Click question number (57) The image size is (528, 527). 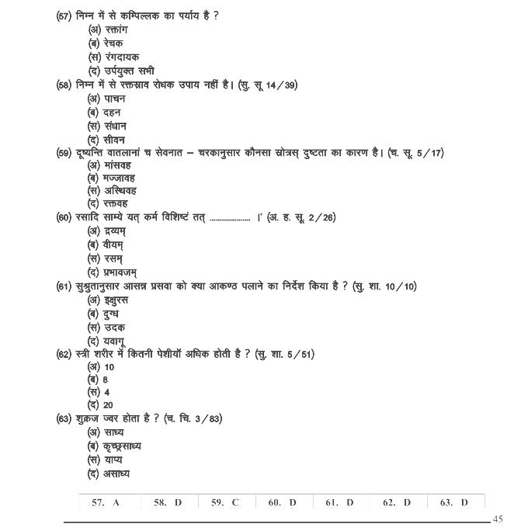coord(65,16)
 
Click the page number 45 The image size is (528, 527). coord(498,518)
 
